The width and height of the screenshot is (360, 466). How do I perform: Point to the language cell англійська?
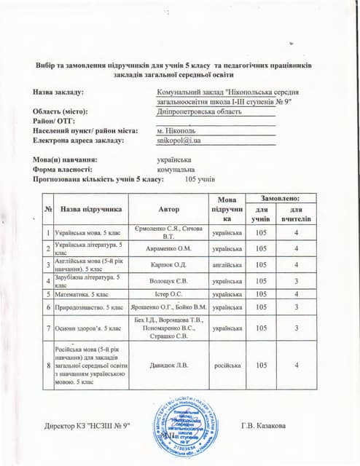coord(227,264)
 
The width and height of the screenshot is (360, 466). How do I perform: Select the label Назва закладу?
coord(58,93)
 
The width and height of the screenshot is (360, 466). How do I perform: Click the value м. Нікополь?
coord(176,131)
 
